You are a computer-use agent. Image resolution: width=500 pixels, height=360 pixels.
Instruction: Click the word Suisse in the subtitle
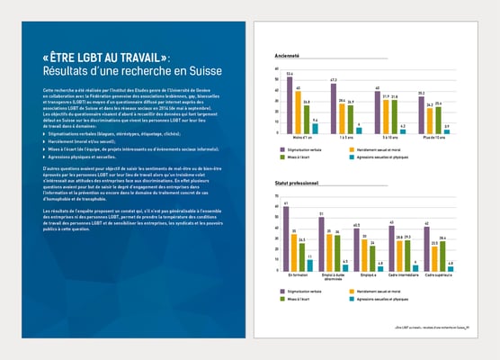pyautogui.click(x=203, y=71)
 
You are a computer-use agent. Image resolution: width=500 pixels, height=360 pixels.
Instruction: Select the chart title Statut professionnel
pyautogui.click(x=300, y=183)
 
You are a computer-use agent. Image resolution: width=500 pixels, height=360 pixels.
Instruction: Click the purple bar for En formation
pyautogui.click(x=286, y=238)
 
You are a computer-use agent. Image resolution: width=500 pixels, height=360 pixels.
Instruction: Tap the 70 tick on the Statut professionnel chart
pyautogui.click(x=277, y=197)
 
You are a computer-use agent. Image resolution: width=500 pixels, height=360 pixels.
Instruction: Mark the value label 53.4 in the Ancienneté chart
pyautogui.click(x=290, y=73)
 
